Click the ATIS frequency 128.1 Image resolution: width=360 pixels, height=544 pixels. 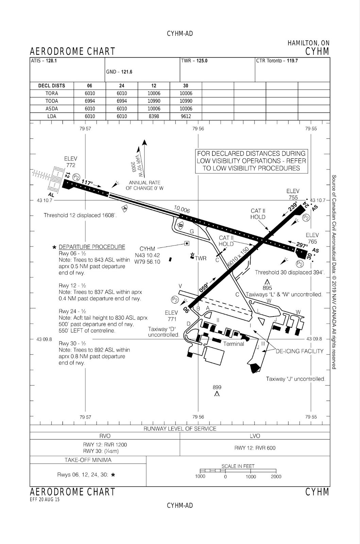point(52,61)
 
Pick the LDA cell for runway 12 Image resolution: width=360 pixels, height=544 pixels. point(154,116)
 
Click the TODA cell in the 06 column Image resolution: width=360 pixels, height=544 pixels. point(90,101)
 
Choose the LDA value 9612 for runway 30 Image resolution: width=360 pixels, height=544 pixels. point(186,116)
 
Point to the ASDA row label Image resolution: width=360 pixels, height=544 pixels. point(52,109)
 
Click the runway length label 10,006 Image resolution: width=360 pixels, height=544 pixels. point(182,209)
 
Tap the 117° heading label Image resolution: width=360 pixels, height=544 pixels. point(87,183)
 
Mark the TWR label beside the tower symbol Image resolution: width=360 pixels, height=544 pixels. point(201,258)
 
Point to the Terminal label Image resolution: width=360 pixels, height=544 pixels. point(234,344)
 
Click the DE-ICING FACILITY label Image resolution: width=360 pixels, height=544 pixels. point(299,351)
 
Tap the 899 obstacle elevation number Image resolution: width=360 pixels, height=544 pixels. point(217,387)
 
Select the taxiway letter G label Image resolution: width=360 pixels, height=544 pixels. point(192,232)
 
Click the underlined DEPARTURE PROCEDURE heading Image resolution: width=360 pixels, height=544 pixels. point(92,247)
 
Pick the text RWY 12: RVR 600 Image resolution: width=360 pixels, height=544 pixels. point(255,448)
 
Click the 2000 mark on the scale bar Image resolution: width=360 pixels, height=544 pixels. point(276,476)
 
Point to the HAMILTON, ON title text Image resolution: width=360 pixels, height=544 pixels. point(308,43)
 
